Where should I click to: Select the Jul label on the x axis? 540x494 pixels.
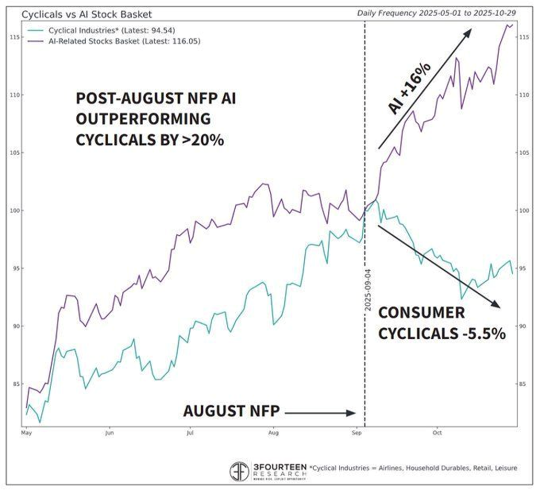(x=190, y=433)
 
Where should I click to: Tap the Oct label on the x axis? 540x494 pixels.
(x=438, y=433)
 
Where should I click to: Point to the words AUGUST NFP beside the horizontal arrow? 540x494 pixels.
(x=232, y=411)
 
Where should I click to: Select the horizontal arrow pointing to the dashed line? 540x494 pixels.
(x=320, y=412)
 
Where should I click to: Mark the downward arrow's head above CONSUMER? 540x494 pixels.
(x=496, y=304)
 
